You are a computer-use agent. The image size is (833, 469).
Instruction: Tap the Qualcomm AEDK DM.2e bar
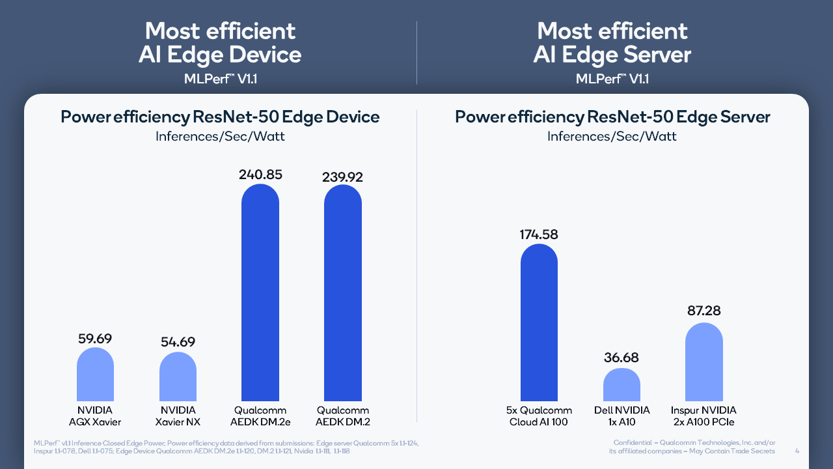260,292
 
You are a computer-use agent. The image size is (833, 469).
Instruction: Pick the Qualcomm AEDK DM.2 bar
343,292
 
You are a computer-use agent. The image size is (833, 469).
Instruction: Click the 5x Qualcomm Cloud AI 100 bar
539,322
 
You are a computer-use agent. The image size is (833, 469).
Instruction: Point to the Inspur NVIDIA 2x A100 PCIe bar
704,362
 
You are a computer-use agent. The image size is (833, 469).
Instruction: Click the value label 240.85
260,175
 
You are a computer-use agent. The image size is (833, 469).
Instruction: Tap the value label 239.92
343,177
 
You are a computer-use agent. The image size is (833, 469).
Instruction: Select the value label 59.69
95,338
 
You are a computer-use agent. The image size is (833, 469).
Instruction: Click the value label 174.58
539,234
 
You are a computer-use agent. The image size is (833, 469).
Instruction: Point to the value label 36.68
621,358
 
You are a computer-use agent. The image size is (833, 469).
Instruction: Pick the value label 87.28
704,311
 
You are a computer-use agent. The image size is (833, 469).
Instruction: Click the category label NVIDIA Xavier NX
178,416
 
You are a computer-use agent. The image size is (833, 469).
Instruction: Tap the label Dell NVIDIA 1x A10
621,416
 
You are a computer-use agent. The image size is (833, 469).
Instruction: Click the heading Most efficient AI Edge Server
612,42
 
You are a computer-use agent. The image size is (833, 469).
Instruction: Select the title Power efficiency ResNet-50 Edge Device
220,117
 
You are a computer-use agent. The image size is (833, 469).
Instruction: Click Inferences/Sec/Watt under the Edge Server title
612,136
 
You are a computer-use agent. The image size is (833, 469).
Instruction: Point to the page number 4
798,451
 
